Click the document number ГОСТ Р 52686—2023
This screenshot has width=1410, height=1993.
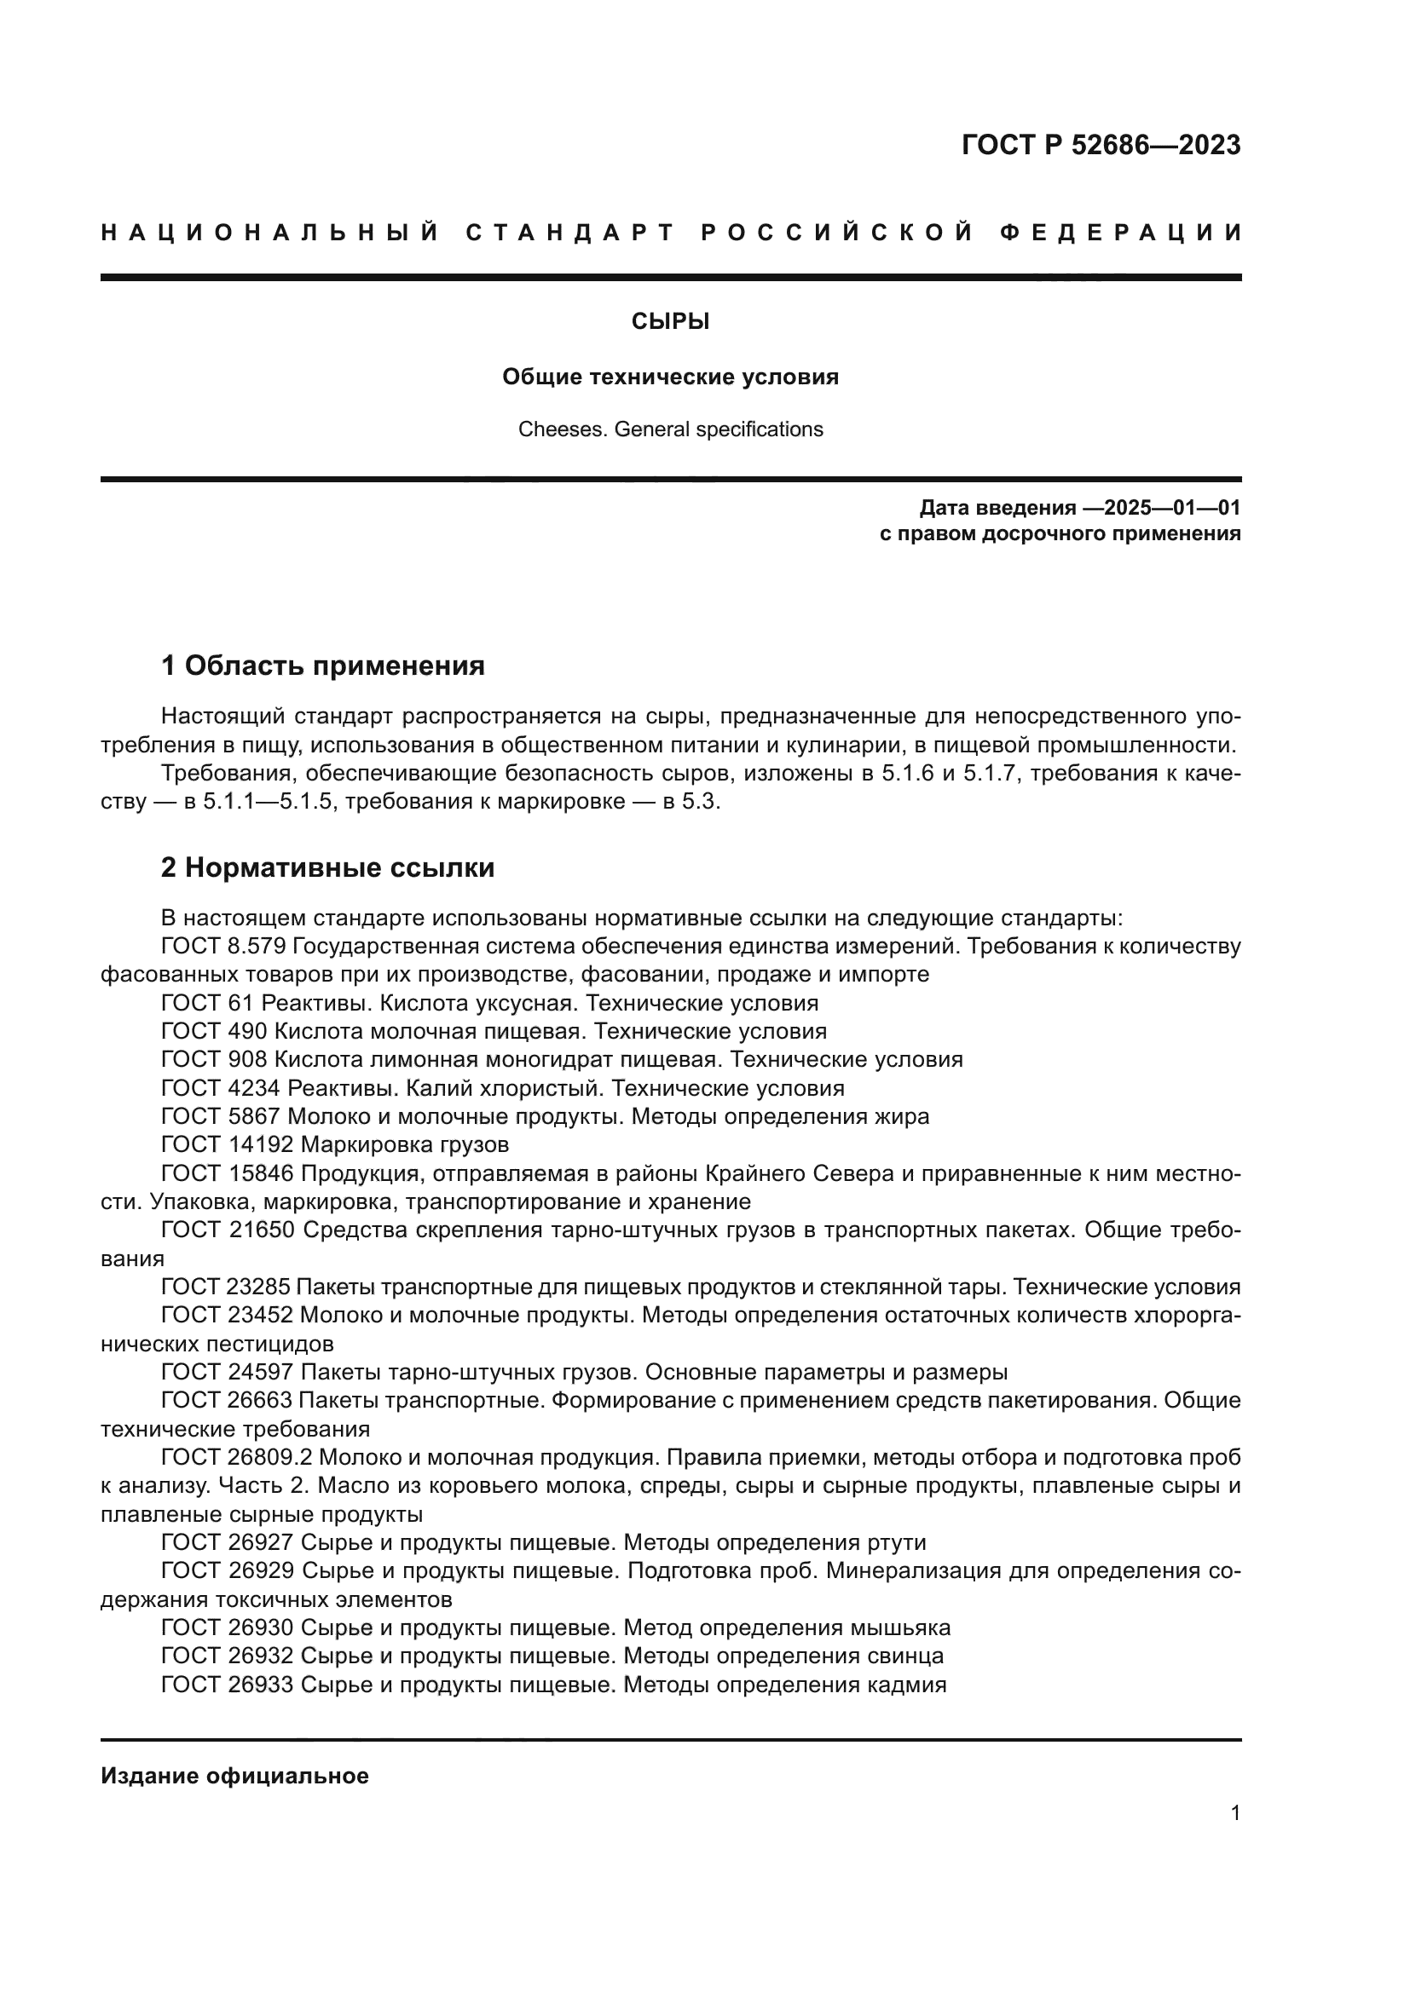click(1101, 145)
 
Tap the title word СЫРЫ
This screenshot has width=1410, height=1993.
click(670, 322)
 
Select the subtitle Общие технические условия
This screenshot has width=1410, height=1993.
click(670, 377)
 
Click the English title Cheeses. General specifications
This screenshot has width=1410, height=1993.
click(670, 429)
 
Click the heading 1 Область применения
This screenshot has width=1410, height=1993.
click(323, 665)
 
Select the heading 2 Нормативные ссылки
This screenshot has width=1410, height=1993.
click(327, 867)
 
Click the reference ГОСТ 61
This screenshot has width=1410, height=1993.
click(206, 1003)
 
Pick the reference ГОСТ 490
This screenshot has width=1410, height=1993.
click(214, 1031)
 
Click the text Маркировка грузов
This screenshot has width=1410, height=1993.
click(405, 1144)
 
